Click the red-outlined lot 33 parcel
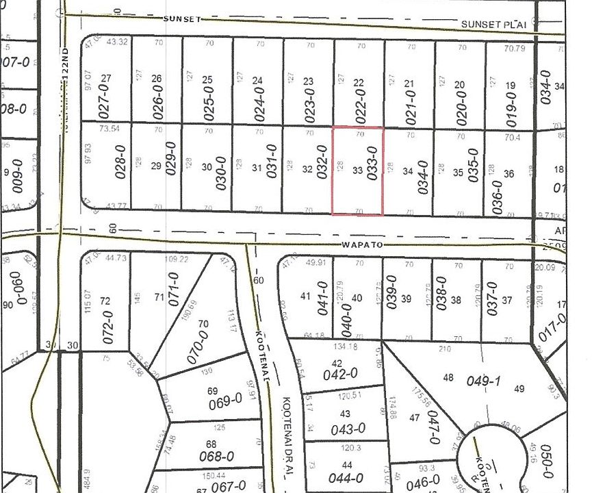point(357,171)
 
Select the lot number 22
point(358,83)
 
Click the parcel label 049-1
point(476,379)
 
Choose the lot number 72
point(105,301)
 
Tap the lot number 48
point(448,377)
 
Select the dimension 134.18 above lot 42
point(344,346)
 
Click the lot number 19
point(510,86)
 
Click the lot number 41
point(306,296)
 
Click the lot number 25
point(207,80)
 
